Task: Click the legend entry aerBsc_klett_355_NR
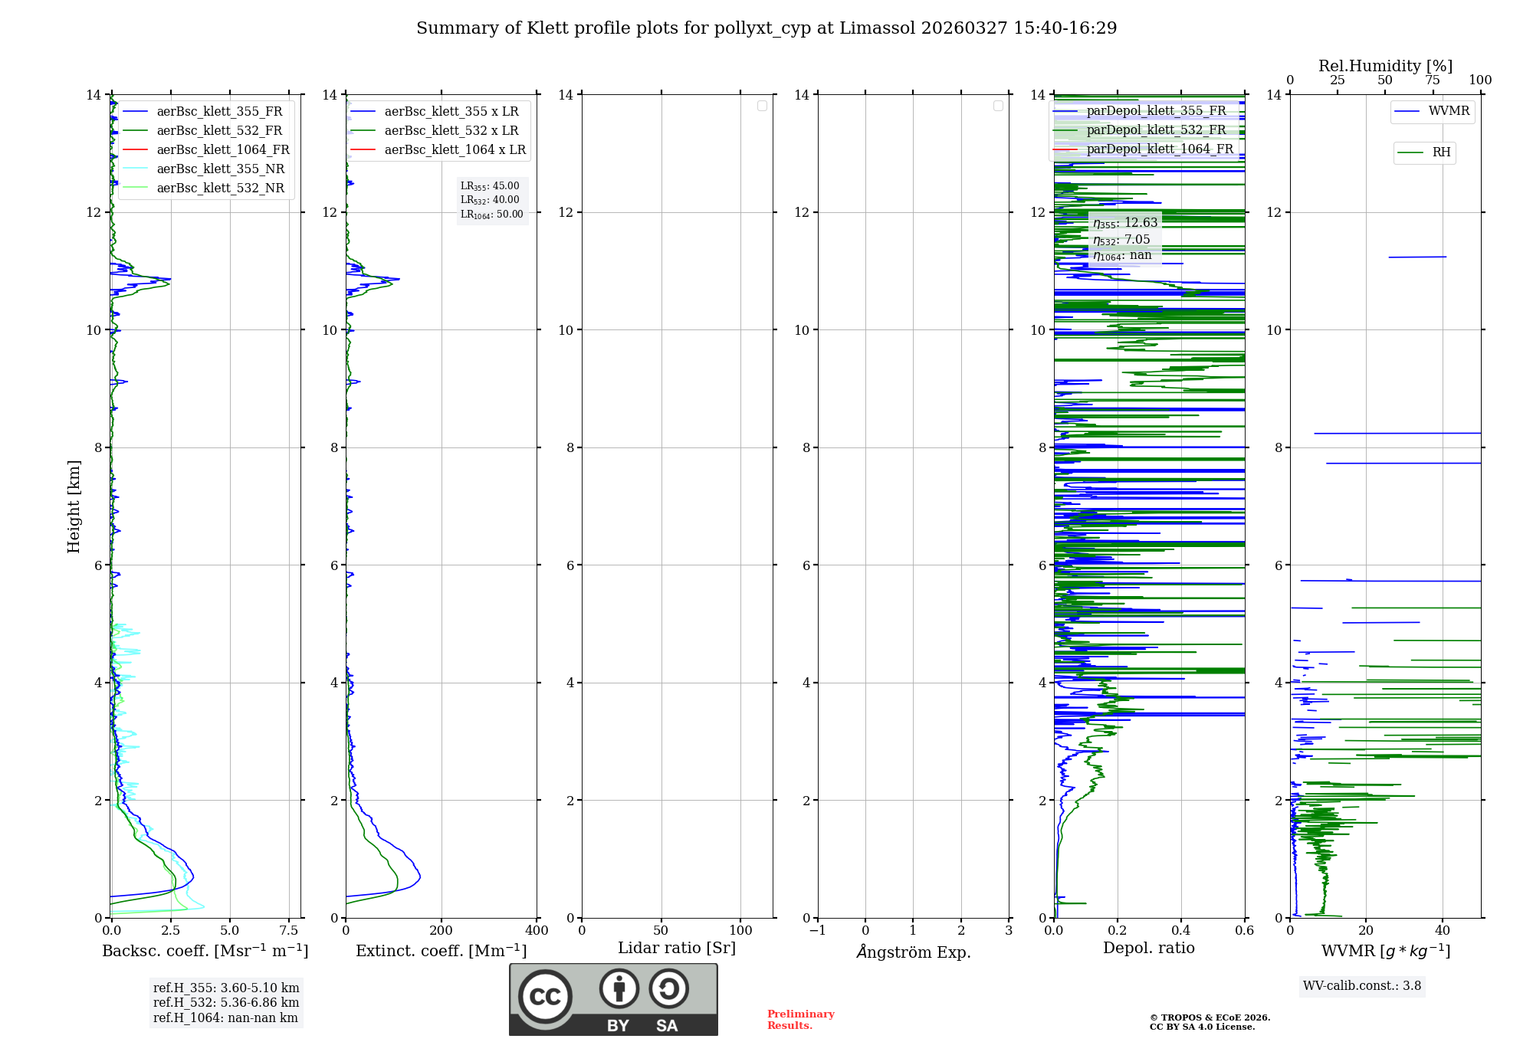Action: click(x=220, y=169)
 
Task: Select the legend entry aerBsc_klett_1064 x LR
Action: click(x=455, y=149)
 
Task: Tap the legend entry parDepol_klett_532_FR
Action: click(x=1156, y=129)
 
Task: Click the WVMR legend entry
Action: click(x=1449, y=111)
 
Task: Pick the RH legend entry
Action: click(x=1441, y=152)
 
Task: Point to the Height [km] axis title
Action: click(x=74, y=506)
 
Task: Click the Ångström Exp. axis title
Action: click(x=913, y=952)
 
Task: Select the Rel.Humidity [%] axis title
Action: click(x=1385, y=66)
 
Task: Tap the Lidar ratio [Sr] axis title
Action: click(x=676, y=948)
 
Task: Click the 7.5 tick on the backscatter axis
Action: click(x=289, y=930)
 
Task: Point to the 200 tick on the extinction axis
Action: click(x=441, y=930)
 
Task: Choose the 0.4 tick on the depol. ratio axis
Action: click(x=1181, y=930)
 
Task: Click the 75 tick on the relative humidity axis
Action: click(x=1433, y=80)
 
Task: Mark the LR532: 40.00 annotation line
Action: click(x=490, y=200)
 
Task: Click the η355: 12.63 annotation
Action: click(x=1125, y=223)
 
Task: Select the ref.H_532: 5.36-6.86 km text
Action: click(x=226, y=1002)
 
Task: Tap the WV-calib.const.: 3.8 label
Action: click(x=1362, y=985)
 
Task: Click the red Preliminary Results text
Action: click(x=800, y=1019)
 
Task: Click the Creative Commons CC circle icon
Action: click(x=545, y=997)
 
